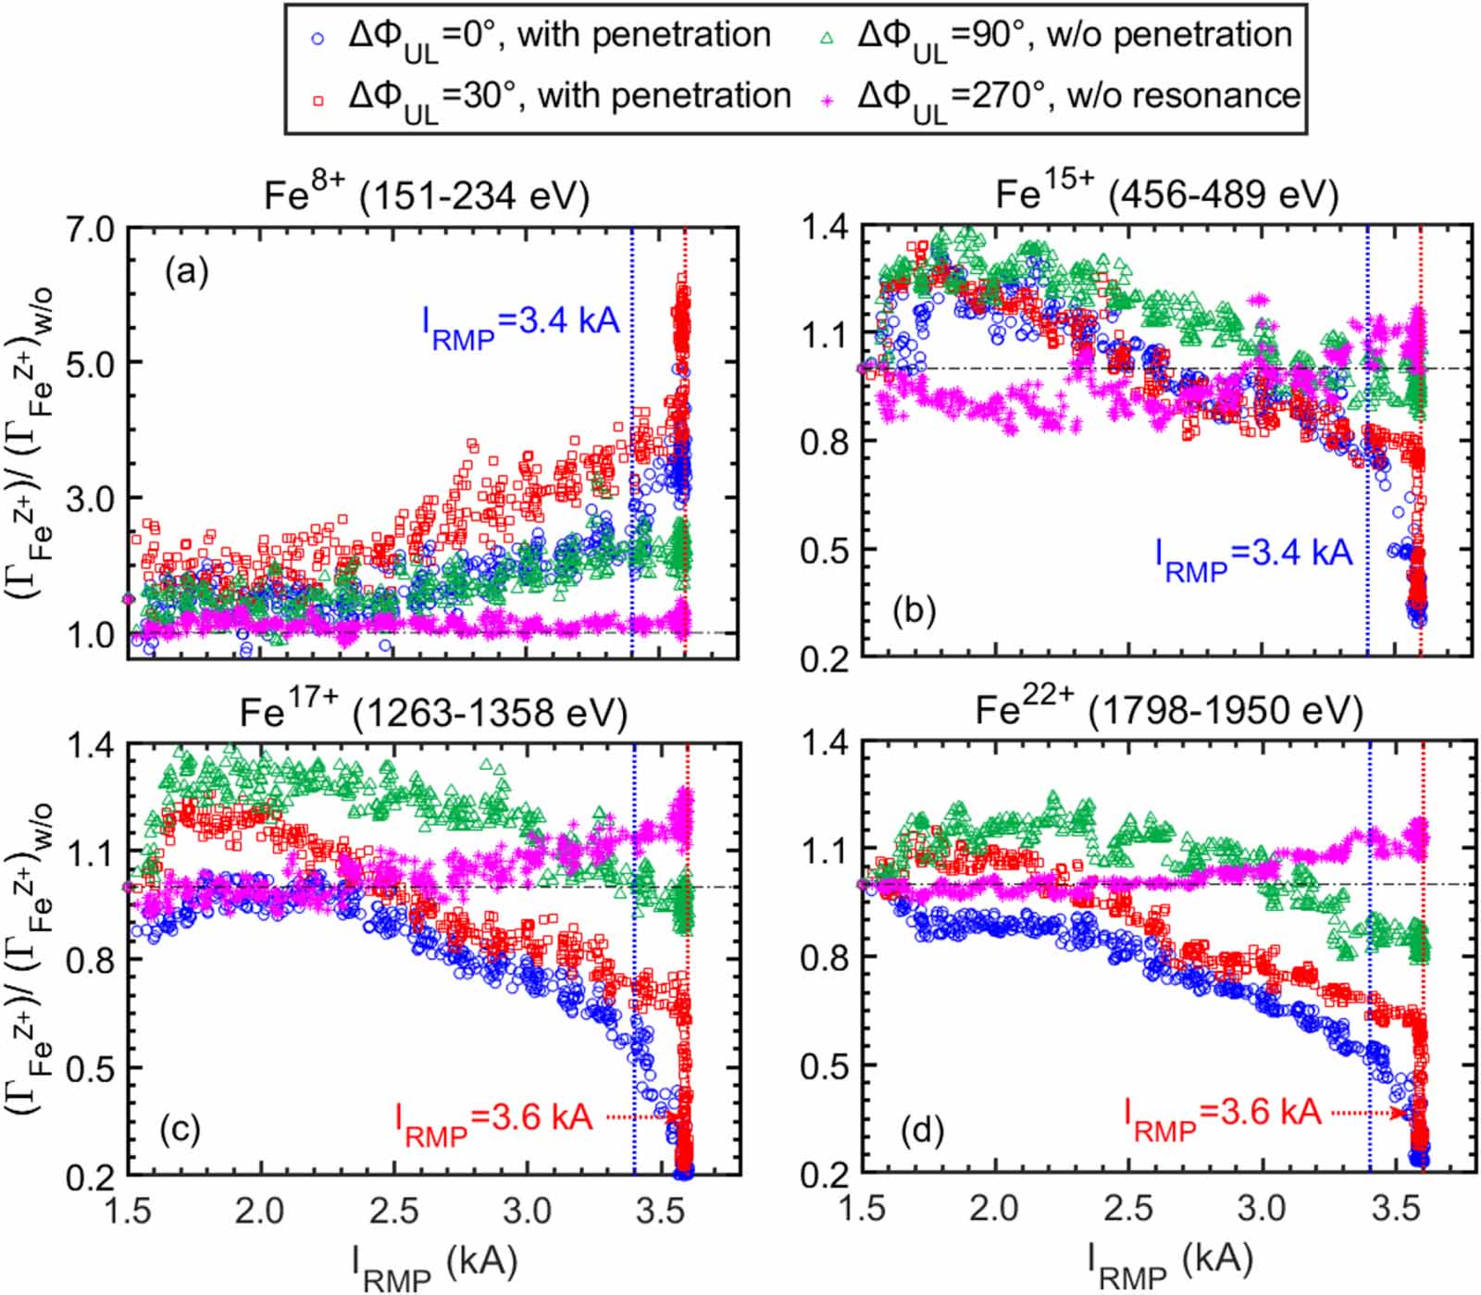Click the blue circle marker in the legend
(318, 39)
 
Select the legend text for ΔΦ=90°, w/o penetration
(1075, 37)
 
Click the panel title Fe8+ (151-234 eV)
(426, 197)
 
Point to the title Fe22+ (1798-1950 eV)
(1169, 711)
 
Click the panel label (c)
(180, 1130)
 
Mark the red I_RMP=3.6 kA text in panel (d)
(1222, 1113)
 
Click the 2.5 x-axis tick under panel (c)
(394, 1210)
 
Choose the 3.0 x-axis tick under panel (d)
(1263, 1209)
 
